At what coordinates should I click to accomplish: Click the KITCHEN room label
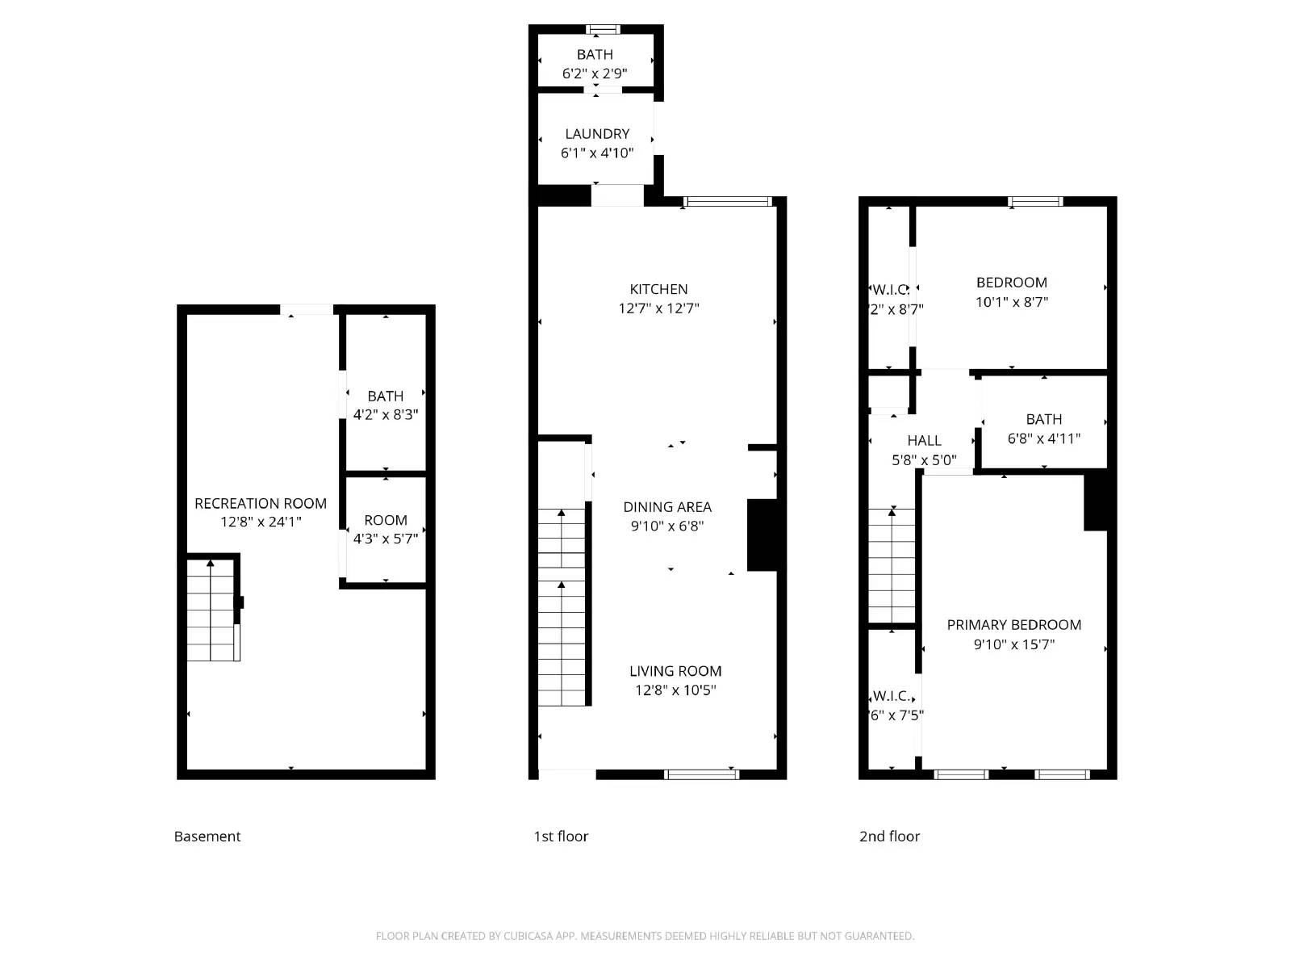tap(658, 289)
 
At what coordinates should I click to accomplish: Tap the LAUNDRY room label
tap(597, 134)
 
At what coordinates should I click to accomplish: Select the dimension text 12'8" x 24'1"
tap(261, 522)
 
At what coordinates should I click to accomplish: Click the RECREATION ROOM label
tap(261, 504)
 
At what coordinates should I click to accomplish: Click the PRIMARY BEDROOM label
tap(1013, 625)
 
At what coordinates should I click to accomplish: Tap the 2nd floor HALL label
tap(924, 441)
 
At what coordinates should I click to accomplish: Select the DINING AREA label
tap(667, 507)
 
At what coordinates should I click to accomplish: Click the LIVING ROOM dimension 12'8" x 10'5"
tap(675, 690)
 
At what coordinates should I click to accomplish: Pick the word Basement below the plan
tap(207, 837)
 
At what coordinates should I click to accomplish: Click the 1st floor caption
tap(561, 837)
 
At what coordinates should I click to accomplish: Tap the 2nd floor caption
tap(889, 837)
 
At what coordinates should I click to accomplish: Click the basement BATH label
tap(385, 396)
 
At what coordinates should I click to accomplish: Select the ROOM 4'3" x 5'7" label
tap(385, 521)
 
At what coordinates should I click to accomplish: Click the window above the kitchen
tap(728, 202)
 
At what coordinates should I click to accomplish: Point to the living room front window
tap(701, 774)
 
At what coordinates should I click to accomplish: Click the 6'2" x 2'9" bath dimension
tap(595, 74)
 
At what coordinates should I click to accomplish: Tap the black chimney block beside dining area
tap(762, 535)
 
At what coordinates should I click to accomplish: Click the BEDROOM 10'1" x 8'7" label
tap(1012, 283)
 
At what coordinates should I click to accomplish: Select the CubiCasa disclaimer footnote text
tap(645, 936)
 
